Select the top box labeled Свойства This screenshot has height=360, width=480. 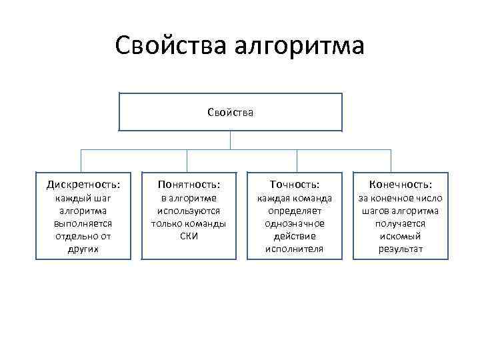click(230, 112)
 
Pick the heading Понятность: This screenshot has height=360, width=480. click(188, 183)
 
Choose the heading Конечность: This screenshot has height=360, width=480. click(399, 183)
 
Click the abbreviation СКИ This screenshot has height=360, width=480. click(188, 236)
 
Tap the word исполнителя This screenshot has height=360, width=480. click(294, 249)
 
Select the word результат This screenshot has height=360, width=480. click(399, 249)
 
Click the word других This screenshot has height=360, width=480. click(83, 249)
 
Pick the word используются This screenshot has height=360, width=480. click(188, 211)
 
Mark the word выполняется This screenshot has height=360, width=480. click(83, 223)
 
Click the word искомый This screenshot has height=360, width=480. click(399, 236)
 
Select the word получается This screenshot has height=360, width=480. click(399, 223)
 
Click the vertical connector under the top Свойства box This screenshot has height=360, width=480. click(230, 140)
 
